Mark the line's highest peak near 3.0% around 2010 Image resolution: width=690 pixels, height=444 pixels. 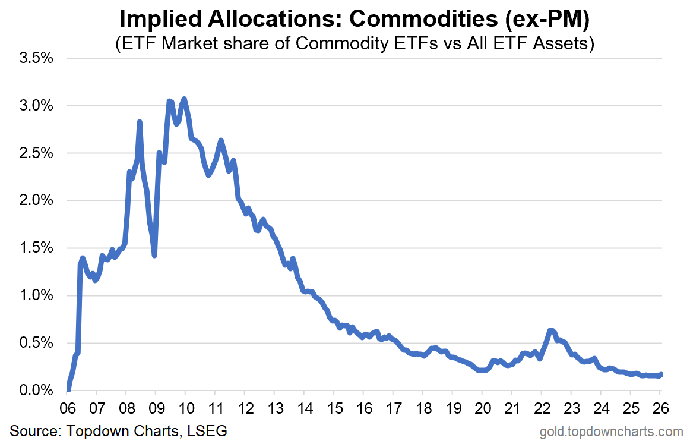184,99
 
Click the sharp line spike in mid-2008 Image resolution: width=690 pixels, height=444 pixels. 140,122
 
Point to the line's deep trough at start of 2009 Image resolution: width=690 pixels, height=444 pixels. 154,255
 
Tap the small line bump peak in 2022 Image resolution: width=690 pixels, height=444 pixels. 551,330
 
